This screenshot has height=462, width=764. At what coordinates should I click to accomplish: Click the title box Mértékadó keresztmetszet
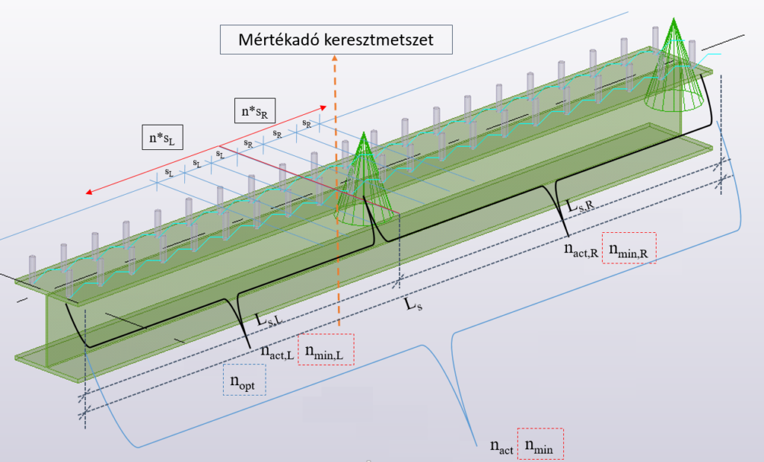pyautogui.click(x=336, y=40)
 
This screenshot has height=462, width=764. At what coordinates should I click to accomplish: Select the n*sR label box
pyautogui.click(x=255, y=110)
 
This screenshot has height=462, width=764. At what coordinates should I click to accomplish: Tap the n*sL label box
pyautogui.click(x=162, y=137)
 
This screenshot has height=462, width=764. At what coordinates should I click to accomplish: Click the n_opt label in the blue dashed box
pyautogui.click(x=245, y=379)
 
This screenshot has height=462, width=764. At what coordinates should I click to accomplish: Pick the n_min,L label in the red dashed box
pyautogui.click(x=326, y=350)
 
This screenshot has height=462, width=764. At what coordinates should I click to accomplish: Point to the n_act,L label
pyautogui.click(x=277, y=352)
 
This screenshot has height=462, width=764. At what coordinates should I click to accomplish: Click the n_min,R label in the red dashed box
pyautogui.click(x=629, y=248)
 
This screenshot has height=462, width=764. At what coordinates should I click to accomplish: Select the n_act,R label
pyautogui.click(x=580, y=249)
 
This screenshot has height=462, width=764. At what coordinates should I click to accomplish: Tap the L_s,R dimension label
pyautogui.click(x=580, y=205)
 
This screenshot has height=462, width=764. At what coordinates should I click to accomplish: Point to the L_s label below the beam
pyautogui.click(x=413, y=305)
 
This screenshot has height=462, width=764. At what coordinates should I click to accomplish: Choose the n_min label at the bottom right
pyautogui.click(x=540, y=443)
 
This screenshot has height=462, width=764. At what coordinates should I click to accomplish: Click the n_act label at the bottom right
pyautogui.click(x=501, y=446)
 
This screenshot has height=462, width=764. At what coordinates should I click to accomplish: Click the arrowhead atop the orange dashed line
pyautogui.click(x=335, y=57)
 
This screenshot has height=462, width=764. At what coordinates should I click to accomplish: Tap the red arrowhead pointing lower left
pyautogui.click(x=90, y=192)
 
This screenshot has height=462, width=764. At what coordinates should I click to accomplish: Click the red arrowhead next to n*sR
pyautogui.click(x=322, y=107)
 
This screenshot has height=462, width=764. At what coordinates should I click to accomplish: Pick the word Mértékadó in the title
pyautogui.click(x=278, y=40)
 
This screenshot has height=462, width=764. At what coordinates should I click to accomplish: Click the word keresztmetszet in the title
pyautogui.click(x=378, y=40)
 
